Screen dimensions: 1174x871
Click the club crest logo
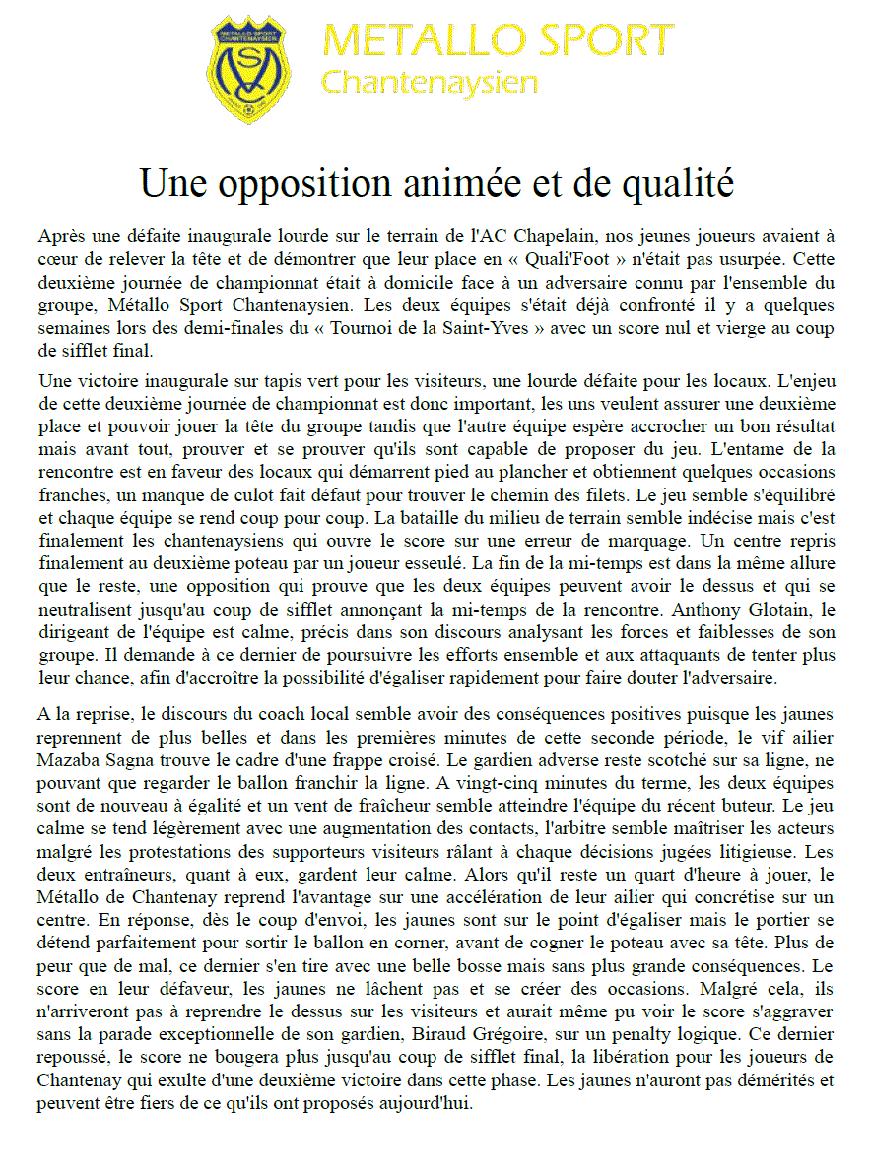[249, 68]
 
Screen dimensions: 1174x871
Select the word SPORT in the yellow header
[598, 40]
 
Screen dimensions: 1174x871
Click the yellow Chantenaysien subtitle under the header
[430, 82]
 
